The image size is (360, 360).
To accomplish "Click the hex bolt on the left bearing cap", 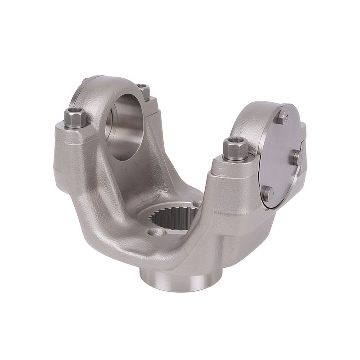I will coord(74,118).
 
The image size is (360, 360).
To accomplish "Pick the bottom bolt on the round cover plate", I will coord(269,193).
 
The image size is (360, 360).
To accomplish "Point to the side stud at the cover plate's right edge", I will coord(297,156).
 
